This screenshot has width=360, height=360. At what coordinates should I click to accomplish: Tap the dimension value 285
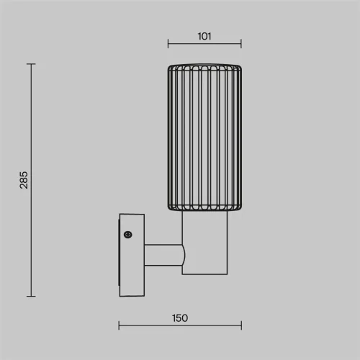click(23, 180)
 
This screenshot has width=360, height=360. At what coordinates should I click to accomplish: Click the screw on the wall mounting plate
click(128, 235)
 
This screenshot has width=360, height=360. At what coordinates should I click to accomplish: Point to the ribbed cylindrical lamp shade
click(204, 137)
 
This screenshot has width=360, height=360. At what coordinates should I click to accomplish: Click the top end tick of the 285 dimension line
click(32, 64)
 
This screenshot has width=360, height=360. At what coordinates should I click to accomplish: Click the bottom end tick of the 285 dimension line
click(32, 296)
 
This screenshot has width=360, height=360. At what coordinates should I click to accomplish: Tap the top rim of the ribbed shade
click(204, 67)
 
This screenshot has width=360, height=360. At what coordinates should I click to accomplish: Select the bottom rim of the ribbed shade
click(204, 210)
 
